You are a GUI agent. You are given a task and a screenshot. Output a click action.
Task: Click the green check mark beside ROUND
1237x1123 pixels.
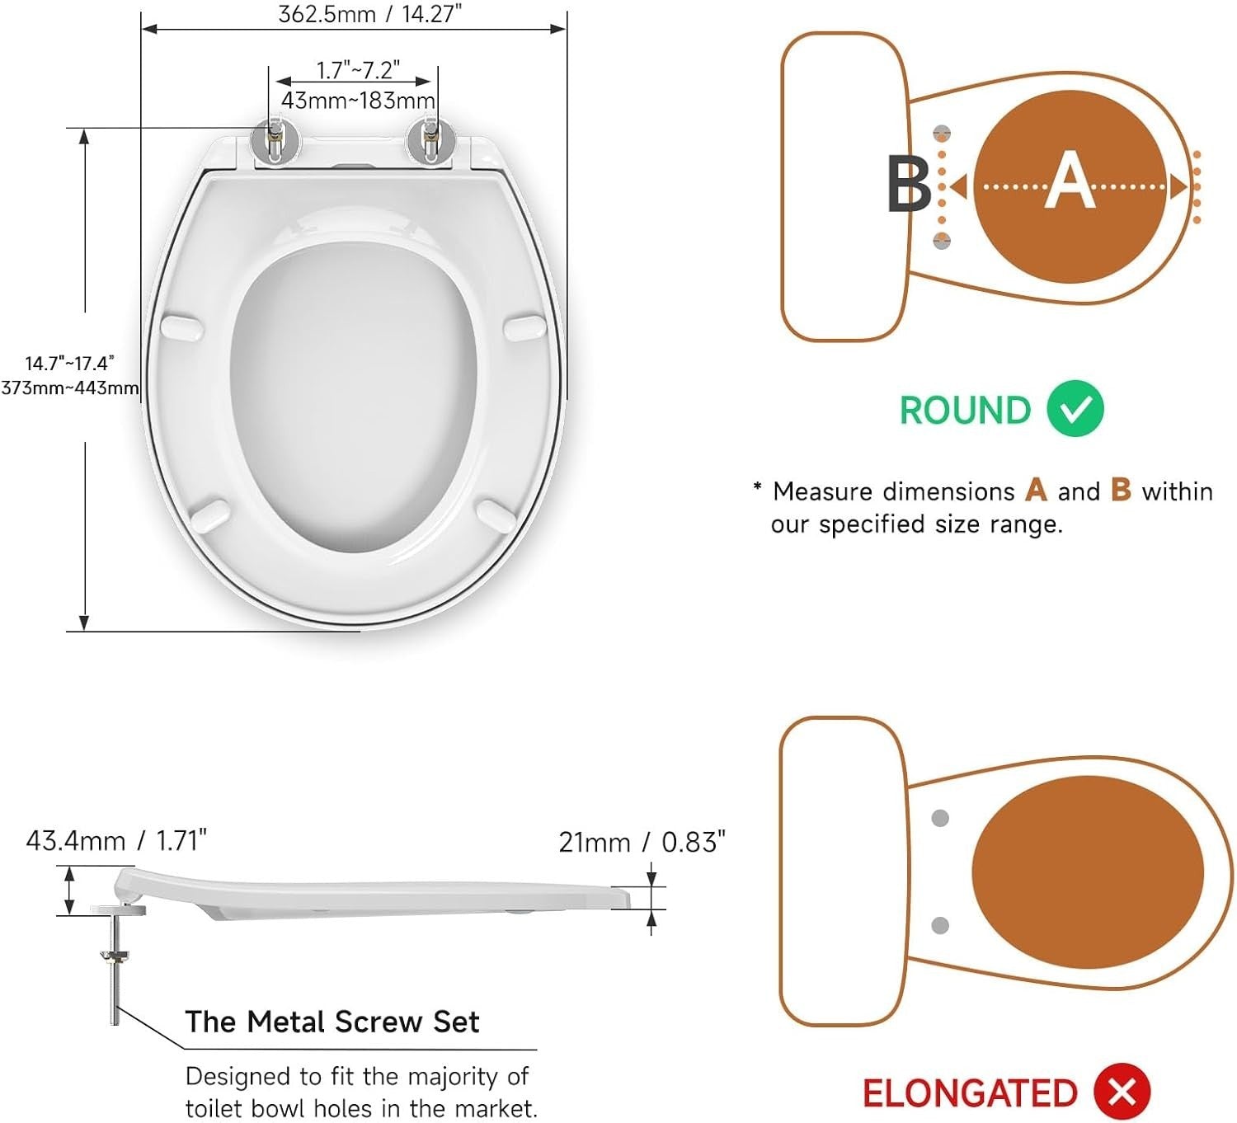[1075, 409]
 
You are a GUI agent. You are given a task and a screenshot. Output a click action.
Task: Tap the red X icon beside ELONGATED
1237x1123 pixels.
[1122, 1092]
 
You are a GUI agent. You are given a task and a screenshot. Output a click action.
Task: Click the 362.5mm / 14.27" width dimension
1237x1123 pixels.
[370, 13]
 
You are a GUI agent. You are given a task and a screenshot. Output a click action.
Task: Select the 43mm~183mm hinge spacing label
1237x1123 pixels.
[358, 100]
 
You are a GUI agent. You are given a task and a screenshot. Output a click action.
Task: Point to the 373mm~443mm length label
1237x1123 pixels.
[69, 388]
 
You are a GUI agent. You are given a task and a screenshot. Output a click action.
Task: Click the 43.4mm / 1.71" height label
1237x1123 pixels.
[116, 840]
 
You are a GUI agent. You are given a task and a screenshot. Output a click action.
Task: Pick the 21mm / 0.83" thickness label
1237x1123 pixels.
[642, 843]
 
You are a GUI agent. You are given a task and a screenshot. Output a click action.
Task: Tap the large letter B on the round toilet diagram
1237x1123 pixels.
[909, 184]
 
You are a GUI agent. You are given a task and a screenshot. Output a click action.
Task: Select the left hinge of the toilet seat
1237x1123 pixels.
[275, 144]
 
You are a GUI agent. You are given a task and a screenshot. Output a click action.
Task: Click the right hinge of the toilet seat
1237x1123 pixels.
[430, 144]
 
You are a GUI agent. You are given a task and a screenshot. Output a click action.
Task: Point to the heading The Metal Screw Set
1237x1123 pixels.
[332, 1022]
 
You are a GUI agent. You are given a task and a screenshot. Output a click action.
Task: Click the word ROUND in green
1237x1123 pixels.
[965, 410]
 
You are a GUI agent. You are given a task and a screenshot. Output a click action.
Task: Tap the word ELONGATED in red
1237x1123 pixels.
[970, 1093]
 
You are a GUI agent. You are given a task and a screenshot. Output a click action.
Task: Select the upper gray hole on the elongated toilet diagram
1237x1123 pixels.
[940, 819]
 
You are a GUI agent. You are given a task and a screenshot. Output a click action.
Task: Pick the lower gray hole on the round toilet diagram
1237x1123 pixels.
[941, 241]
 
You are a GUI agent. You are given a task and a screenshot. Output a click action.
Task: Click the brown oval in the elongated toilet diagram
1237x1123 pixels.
[1088, 872]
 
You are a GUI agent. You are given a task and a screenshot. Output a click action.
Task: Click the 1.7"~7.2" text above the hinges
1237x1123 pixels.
[358, 70]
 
